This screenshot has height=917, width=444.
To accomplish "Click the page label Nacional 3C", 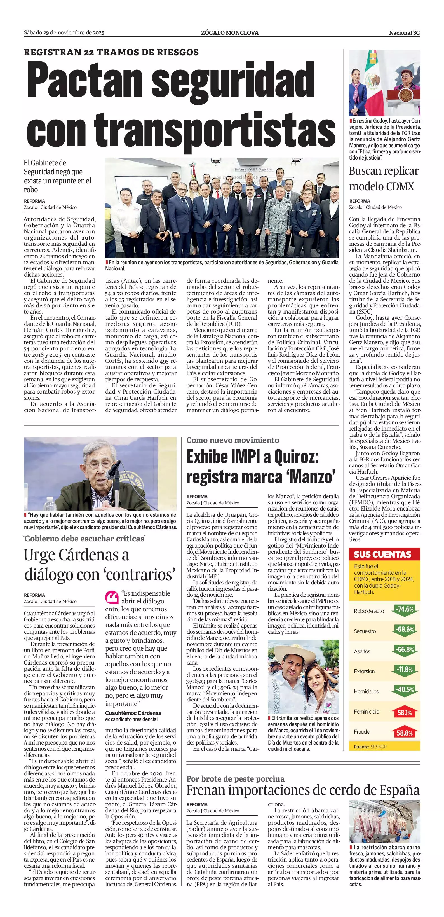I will tap(404, 33).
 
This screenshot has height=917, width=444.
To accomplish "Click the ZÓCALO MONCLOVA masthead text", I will tap(230, 33).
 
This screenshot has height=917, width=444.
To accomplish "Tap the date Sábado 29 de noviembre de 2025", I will tap(64, 33).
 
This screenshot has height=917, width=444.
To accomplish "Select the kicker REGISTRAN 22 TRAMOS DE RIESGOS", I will tap(111, 52).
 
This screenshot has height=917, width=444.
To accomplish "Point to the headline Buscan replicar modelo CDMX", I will tap(384, 178).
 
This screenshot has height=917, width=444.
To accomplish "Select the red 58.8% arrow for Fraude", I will tap(405, 733).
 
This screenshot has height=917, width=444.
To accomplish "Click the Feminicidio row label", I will tap(367, 712).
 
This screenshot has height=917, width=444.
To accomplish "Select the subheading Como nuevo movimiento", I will tap(233, 440).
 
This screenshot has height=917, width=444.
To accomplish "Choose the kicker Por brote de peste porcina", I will tap(235, 778).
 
